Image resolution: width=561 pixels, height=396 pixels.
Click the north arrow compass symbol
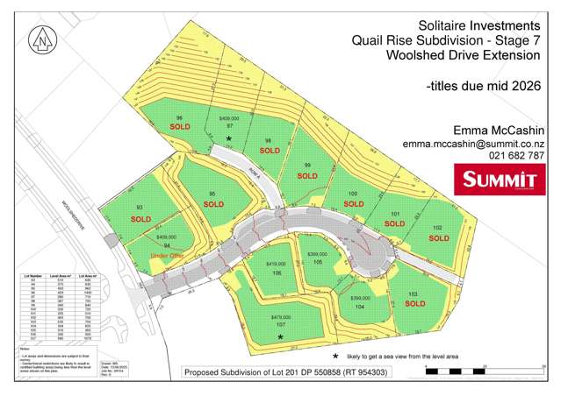[x=41, y=39]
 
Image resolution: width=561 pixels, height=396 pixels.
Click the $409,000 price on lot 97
[x=229, y=117]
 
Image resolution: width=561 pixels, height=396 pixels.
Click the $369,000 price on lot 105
[x=318, y=254]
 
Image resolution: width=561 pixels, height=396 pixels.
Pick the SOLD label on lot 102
[x=437, y=237]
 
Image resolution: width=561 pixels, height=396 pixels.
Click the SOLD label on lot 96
[x=179, y=128]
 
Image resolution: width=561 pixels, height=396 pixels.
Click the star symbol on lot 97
[x=228, y=138]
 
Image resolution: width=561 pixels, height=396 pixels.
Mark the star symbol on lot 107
[x=281, y=336]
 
